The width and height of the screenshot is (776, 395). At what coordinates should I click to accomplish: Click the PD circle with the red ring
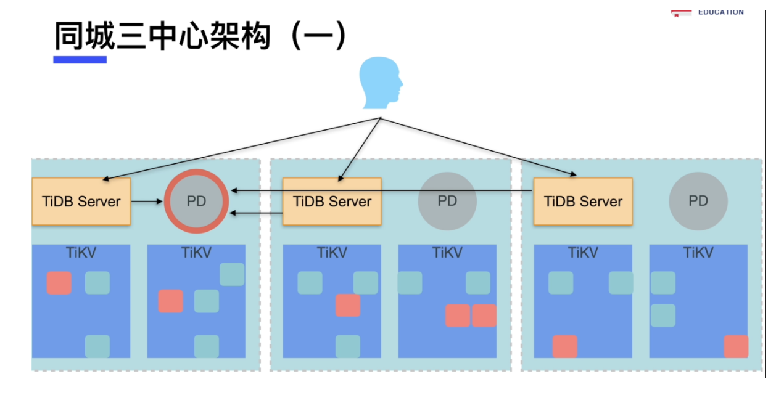[x=196, y=202]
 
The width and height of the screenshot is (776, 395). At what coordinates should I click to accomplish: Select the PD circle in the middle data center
[x=447, y=202]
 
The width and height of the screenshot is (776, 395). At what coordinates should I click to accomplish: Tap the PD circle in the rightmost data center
[x=698, y=202]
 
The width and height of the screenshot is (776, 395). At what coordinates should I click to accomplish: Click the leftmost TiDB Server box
[x=81, y=202]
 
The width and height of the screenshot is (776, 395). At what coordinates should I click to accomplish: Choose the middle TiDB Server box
[x=332, y=202]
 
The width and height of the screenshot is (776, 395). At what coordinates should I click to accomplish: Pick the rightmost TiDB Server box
[x=583, y=202]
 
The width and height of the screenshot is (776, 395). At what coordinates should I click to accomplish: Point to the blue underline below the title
[x=80, y=60]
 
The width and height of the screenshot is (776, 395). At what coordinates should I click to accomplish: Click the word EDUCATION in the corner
[x=720, y=12]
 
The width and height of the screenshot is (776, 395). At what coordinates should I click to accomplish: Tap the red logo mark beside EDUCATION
[x=681, y=13]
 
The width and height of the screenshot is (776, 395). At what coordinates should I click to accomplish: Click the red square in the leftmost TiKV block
[x=59, y=283]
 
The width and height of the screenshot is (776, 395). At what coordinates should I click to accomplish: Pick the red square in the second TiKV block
[x=170, y=301]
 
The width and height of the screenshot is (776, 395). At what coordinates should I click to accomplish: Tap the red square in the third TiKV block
[x=348, y=306]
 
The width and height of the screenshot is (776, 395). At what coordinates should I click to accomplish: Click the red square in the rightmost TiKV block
[x=736, y=346]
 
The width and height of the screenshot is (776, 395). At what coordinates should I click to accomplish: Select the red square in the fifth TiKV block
[x=564, y=346]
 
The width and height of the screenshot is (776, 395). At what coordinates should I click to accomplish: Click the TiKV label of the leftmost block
[x=81, y=253]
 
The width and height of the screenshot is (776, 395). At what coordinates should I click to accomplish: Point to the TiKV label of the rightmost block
[x=698, y=253]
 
